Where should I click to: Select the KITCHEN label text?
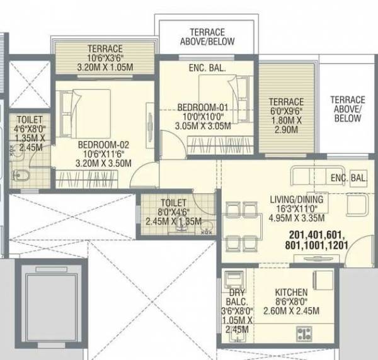click(x=291, y=292)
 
